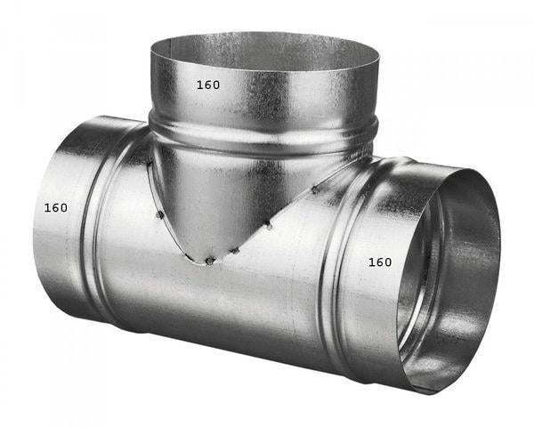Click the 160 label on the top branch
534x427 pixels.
(208, 85)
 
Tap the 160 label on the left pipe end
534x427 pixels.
(55, 207)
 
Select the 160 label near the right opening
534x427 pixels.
(379, 262)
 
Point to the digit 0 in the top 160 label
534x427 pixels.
(216, 85)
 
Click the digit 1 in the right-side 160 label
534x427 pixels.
(370, 262)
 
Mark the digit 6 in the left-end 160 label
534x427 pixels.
(55, 207)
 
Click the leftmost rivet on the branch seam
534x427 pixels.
(157, 213)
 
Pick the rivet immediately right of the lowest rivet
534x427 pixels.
(235, 252)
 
